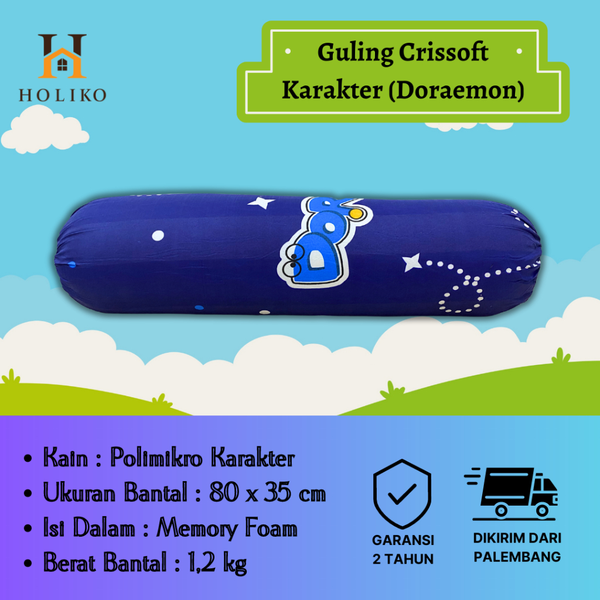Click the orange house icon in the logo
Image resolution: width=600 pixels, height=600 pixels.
(62, 63)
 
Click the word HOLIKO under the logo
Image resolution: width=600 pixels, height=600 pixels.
(63, 96)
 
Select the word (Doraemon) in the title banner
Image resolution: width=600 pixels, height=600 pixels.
(456, 90)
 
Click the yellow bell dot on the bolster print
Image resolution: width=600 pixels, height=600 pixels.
(356, 213)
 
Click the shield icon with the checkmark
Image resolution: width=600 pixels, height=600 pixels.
(402, 493)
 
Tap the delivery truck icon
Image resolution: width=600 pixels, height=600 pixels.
(511, 493)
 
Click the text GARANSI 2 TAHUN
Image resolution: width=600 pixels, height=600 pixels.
(403, 550)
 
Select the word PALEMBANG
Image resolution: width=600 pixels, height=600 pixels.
(517, 557)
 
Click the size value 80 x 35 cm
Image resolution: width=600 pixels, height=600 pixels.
(267, 492)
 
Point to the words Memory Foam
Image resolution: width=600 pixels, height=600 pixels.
(227, 529)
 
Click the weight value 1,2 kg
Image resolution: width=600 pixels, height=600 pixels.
(217, 563)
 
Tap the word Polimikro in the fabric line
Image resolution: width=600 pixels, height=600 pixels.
(156, 457)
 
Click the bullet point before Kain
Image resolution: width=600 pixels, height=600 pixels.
(28, 458)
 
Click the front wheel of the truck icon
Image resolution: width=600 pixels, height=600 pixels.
(542, 510)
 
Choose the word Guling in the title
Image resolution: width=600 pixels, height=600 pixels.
(355, 53)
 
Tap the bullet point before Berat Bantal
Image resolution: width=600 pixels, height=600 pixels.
(28, 563)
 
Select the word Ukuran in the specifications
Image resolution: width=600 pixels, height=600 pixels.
(79, 492)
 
